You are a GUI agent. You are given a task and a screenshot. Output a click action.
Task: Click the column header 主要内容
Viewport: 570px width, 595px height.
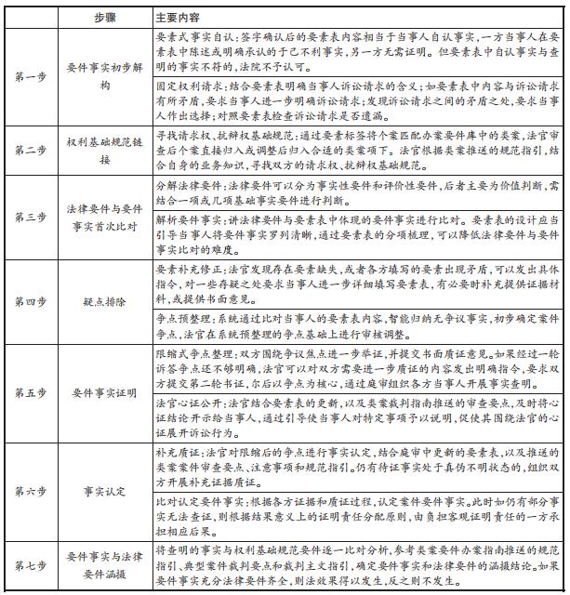point(177,18)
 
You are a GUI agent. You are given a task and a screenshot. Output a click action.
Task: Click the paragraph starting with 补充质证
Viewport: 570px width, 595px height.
point(358,466)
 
